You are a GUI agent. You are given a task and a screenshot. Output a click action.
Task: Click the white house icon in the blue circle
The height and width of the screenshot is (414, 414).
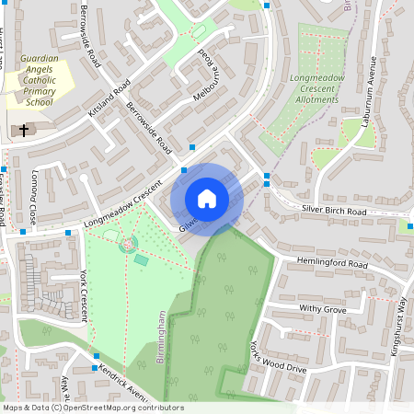click(207, 198)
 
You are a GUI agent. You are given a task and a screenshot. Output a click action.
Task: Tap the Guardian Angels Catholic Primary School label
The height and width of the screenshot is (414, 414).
click(39, 80)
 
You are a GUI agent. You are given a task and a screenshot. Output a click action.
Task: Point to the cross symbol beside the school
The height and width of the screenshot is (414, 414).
click(23, 131)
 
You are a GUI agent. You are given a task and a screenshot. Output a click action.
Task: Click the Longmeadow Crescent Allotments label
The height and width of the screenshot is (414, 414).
click(316, 88)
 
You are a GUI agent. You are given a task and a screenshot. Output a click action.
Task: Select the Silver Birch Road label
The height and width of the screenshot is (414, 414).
click(334, 211)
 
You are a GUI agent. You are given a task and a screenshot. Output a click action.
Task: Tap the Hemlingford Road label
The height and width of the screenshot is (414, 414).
click(332, 263)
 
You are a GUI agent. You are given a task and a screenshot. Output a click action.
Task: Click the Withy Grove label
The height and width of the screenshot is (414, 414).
click(322, 310)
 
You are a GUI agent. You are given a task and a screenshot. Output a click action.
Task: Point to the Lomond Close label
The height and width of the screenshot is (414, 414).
click(34, 197)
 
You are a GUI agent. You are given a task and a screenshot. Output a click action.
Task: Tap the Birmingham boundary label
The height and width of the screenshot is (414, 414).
click(160, 337)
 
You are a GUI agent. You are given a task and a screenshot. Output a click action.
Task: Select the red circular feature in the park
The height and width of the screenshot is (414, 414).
click(127, 244)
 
